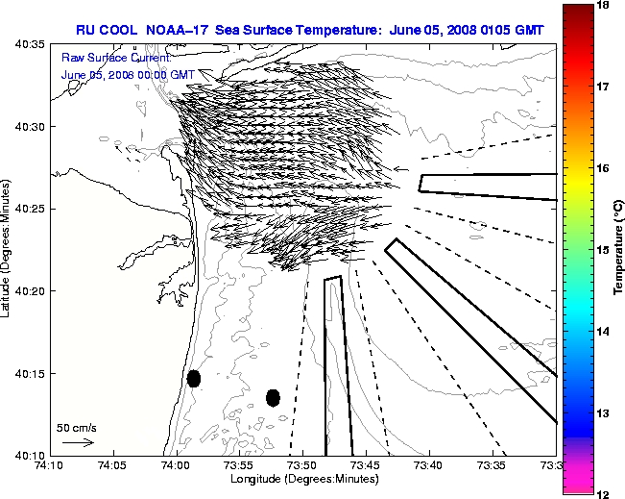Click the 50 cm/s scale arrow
(77, 443)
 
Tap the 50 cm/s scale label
(77, 428)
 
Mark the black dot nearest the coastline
(194, 378)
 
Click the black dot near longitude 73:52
(273, 397)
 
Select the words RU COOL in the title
(105, 30)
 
